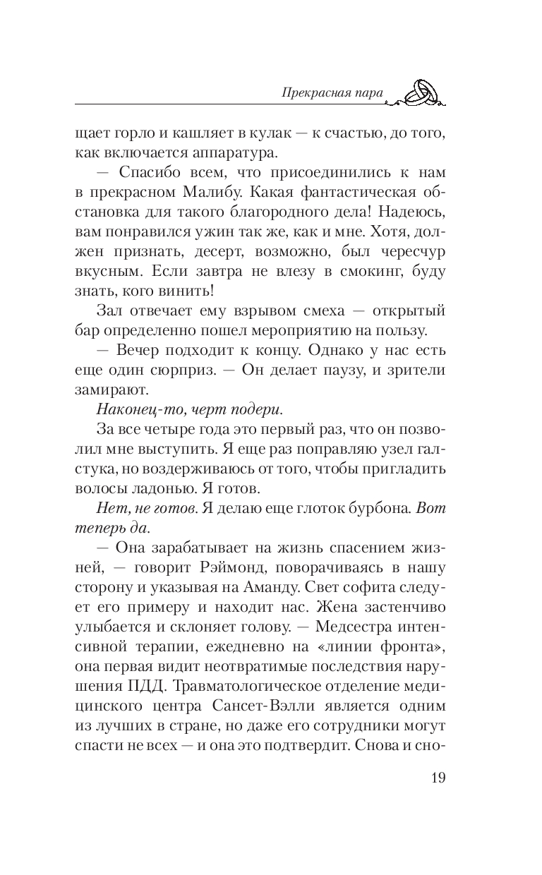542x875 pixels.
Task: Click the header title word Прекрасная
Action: click(303, 92)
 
